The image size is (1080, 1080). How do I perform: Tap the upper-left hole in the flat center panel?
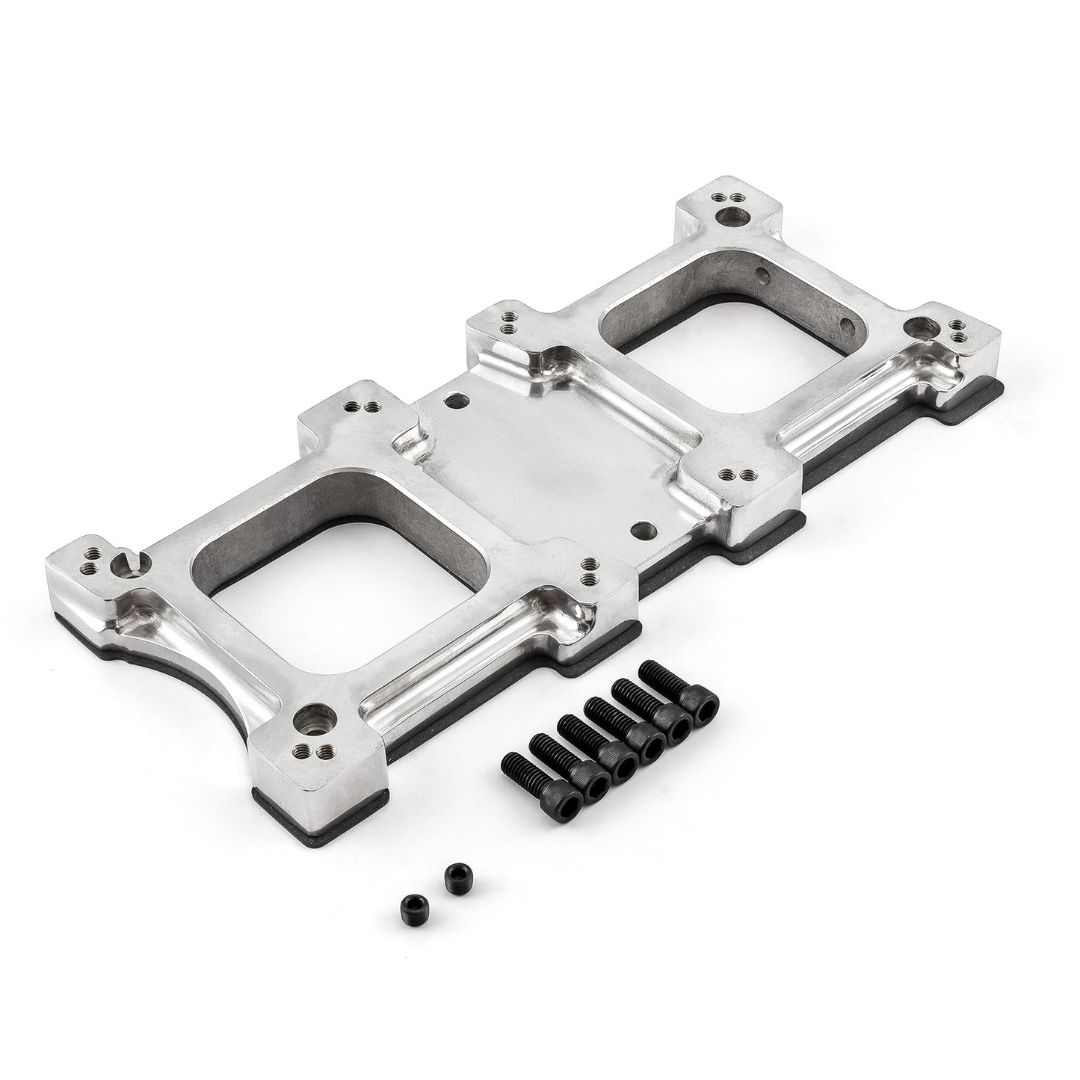[451, 401]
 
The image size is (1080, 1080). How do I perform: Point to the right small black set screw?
[452, 872]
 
